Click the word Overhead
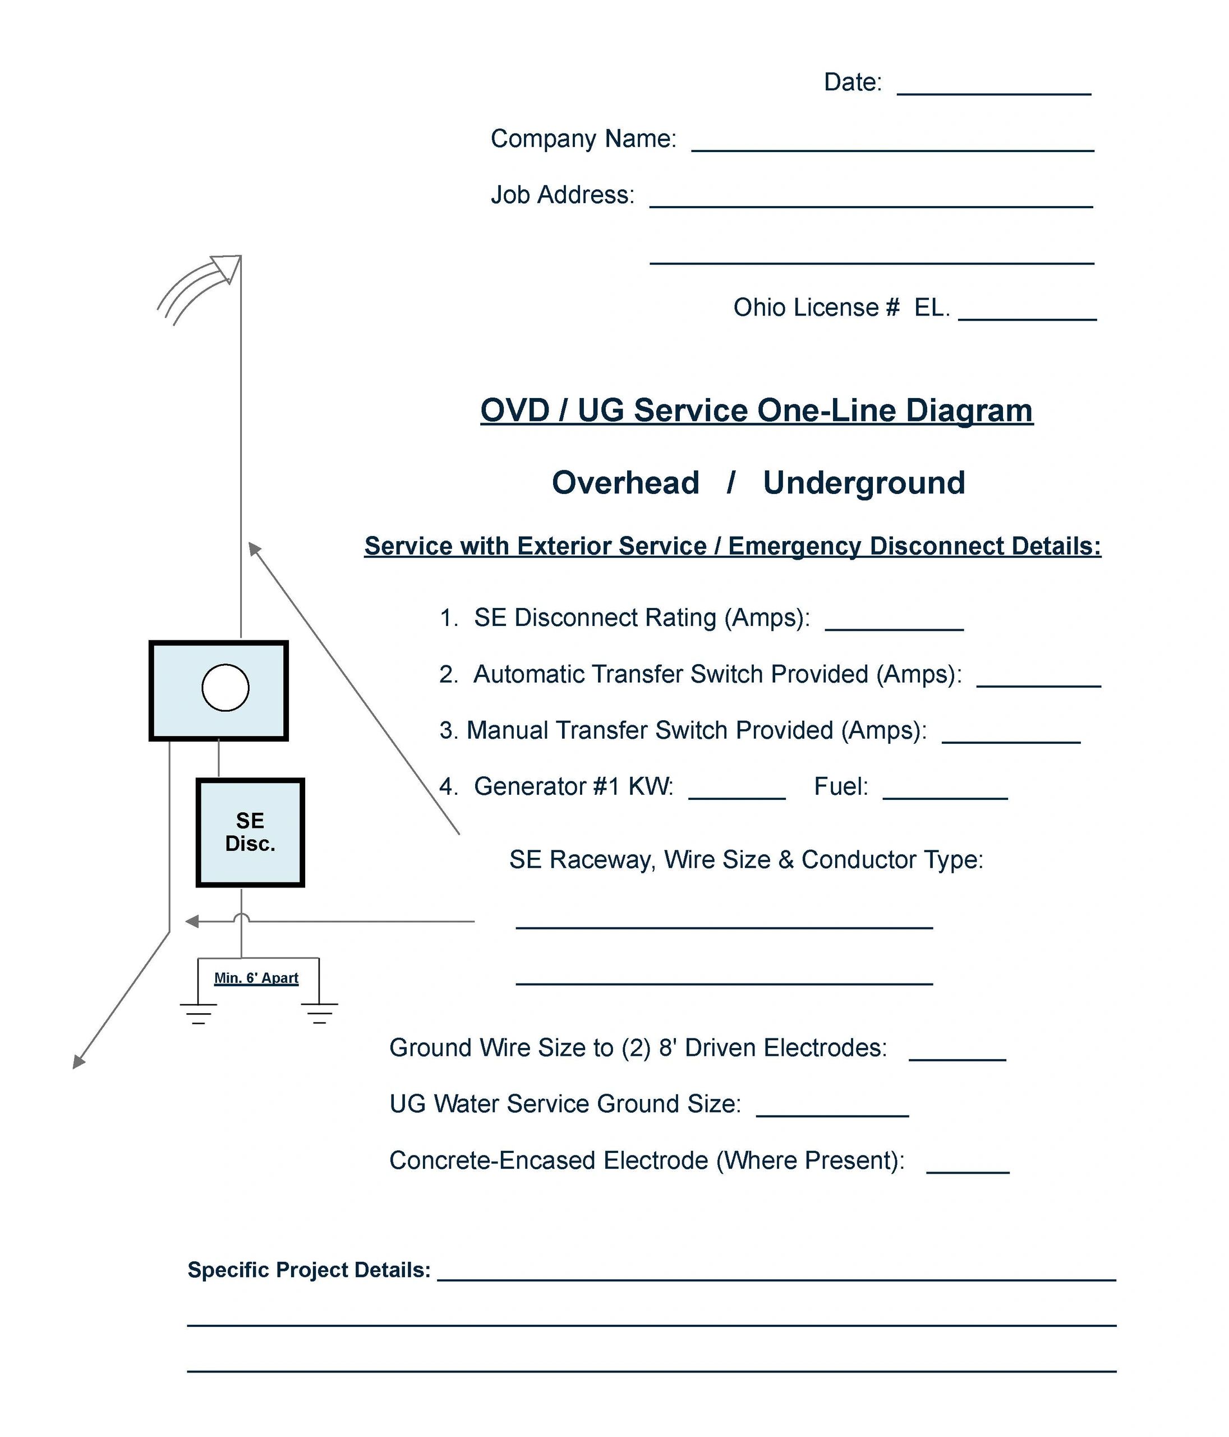coord(625,483)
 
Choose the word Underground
coord(864,483)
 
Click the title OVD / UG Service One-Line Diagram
coord(756,410)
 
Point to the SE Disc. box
coord(250,832)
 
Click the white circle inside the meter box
coord(225,687)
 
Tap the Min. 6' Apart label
coord(256,978)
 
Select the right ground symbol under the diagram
coord(320,1013)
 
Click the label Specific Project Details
coord(309,1270)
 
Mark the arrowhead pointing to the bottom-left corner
coord(79,1061)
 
